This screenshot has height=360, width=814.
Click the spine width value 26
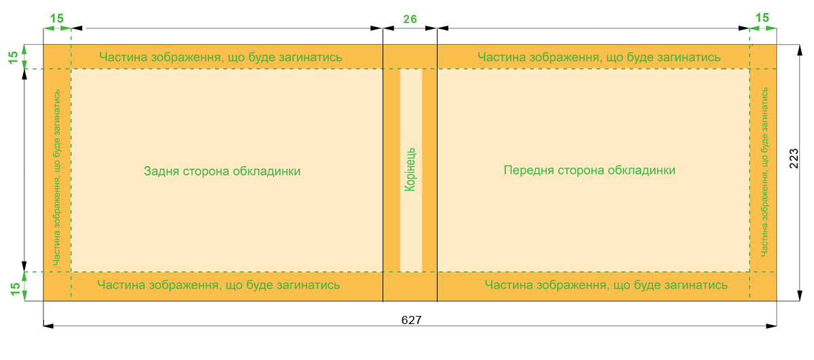pos(410,19)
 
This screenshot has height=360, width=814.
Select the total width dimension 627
pos(411,320)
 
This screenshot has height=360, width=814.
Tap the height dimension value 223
pos(794,159)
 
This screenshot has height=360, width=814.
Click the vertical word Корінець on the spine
pos(410,169)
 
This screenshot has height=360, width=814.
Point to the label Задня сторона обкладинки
pos(222,171)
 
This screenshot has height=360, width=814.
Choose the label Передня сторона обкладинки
pos(589,170)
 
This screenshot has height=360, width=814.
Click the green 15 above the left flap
pos(57,18)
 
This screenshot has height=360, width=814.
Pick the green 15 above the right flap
pos(762,18)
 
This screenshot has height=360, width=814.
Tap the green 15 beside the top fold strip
pos(13,58)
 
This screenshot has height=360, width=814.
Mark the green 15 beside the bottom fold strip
pos(15,289)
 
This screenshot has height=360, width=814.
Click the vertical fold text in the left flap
pos(57,177)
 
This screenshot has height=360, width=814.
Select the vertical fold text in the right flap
pos(764,172)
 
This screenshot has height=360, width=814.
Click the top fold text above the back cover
pos(220,57)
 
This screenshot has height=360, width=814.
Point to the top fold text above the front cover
pos(599,57)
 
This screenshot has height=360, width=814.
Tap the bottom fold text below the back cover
pos(218,285)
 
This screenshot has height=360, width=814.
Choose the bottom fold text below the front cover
pos(606,285)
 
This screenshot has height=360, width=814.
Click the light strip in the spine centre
pos(411,170)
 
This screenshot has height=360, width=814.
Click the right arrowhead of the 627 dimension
pos(771,326)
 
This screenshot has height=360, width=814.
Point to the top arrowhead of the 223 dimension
pos(800,50)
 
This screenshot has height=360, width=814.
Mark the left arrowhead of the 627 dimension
pos(49,326)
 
